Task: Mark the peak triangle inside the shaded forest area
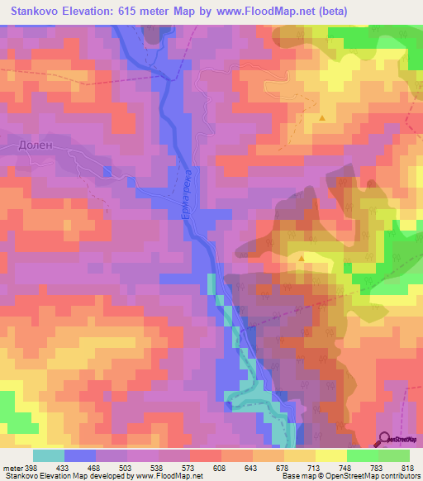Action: pos(302,258)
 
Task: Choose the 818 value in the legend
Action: pos(406,467)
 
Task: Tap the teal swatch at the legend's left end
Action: pos(49,455)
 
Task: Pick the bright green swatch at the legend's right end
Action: pos(393,455)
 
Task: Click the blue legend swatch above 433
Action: pos(80,455)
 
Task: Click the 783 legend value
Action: pos(378,467)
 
